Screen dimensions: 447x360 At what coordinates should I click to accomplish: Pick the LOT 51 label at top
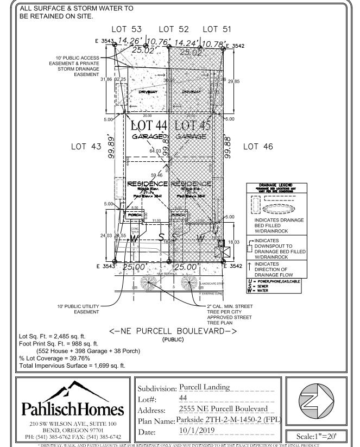click(217, 28)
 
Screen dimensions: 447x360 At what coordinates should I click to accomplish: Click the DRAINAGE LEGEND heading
click(273, 186)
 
